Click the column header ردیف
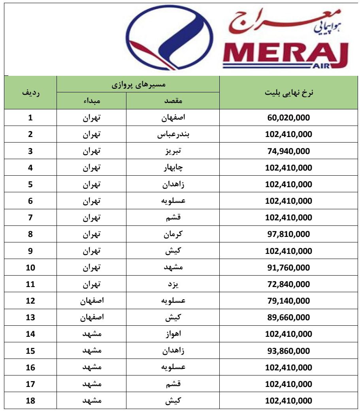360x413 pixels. pyautogui.click(x=30, y=92)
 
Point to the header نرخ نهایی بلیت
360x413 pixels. pyautogui.click(x=288, y=92)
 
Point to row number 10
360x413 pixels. pyautogui.click(x=30, y=268)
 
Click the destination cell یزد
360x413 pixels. pyautogui.click(x=173, y=284)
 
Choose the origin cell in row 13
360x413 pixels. pyautogui.click(x=91, y=317)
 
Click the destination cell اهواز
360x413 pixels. pyautogui.click(x=173, y=334)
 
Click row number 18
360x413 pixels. pyautogui.click(x=30, y=401)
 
